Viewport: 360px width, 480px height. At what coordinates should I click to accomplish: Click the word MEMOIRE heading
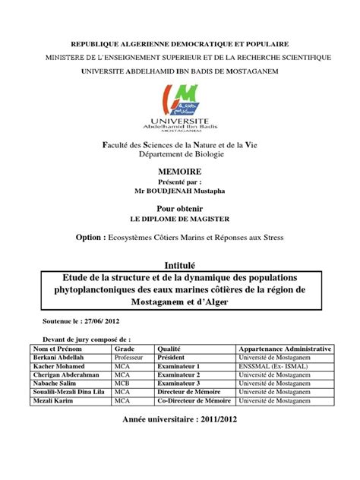tap(179, 172)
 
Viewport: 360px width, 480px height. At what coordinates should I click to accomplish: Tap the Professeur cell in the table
tap(131, 356)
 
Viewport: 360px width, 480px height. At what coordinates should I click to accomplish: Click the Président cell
tap(173, 356)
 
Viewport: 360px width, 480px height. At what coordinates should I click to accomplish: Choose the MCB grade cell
tap(123, 384)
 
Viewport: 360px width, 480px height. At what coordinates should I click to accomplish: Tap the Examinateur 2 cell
tap(178, 374)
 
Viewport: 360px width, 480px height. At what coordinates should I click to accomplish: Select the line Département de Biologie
tap(179, 154)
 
